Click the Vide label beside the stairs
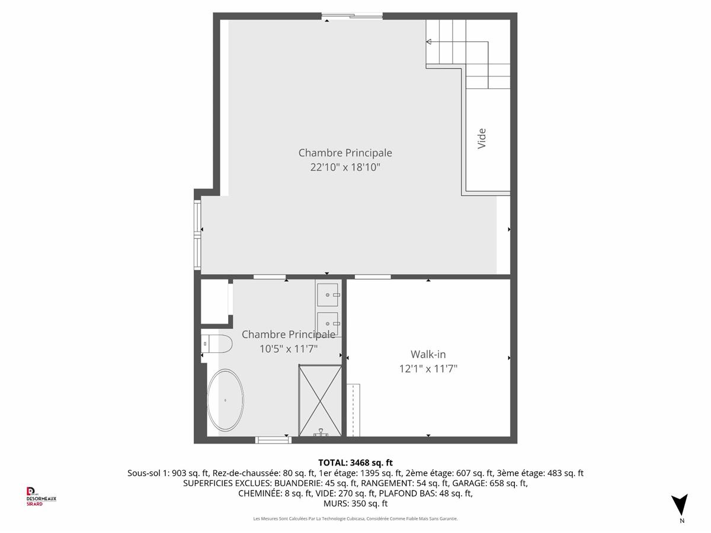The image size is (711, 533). pos(482,139)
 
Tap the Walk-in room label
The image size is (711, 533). pos(428,354)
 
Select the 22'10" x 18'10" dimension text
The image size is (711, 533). pos(345,168)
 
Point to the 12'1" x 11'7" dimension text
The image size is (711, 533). pos(428,369)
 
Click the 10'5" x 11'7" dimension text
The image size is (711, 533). pos(289,349)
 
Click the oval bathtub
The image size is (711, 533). pos(225,400)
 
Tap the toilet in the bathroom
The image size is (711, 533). pos(216,344)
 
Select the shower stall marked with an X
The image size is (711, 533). pos(320,401)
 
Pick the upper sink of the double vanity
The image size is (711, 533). pos(328,295)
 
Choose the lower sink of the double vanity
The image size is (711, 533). pos(328,323)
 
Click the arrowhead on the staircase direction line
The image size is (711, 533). pos(428,41)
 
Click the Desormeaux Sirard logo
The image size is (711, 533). pos(41,497)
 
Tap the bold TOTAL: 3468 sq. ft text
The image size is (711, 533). pos(355,463)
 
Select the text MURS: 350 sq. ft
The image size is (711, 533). pos(355,503)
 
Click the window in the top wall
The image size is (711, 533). pos(352,15)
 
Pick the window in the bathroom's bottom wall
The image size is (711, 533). pos(273,440)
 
